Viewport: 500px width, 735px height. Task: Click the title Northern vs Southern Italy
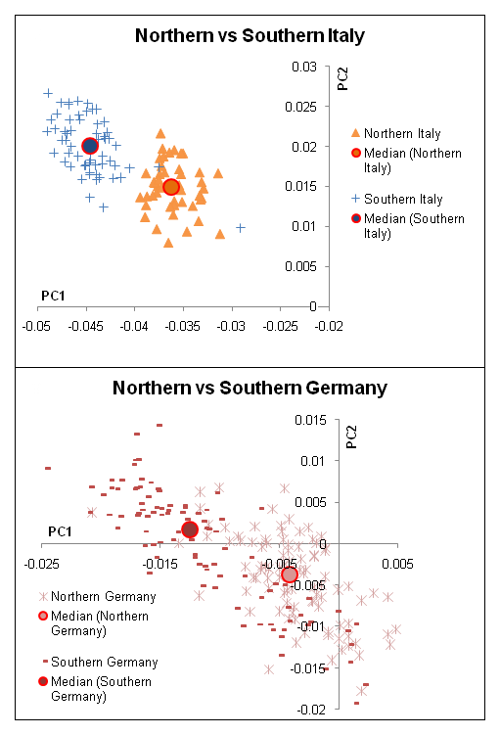click(250, 36)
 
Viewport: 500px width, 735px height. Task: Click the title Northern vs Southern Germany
click(250, 389)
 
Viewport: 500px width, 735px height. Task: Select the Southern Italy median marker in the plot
click(89, 146)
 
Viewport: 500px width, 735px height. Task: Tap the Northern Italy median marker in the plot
click(171, 187)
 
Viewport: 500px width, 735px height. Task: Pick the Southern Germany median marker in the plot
click(189, 529)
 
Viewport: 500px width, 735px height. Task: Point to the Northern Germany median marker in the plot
click(290, 574)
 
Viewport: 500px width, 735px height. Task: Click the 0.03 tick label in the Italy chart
click(304, 67)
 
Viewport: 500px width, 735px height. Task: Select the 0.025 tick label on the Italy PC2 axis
click(300, 107)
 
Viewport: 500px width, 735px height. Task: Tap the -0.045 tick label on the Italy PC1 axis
click(86, 326)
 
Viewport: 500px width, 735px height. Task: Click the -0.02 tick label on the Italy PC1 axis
click(329, 326)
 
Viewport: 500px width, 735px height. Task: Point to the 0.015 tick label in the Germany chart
click(310, 420)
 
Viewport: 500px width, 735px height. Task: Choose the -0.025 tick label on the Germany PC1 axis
click(42, 564)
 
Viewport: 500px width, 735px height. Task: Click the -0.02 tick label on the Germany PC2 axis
click(311, 710)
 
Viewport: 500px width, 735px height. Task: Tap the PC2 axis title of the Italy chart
click(343, 78)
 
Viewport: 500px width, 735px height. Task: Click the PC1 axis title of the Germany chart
click(60, 531)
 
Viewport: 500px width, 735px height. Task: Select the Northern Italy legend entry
click(396, 134)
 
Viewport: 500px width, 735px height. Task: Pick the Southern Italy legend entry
click(397, 200)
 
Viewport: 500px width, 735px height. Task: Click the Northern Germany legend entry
click(98, 597)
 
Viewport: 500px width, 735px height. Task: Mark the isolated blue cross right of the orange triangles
click(241, 228)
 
